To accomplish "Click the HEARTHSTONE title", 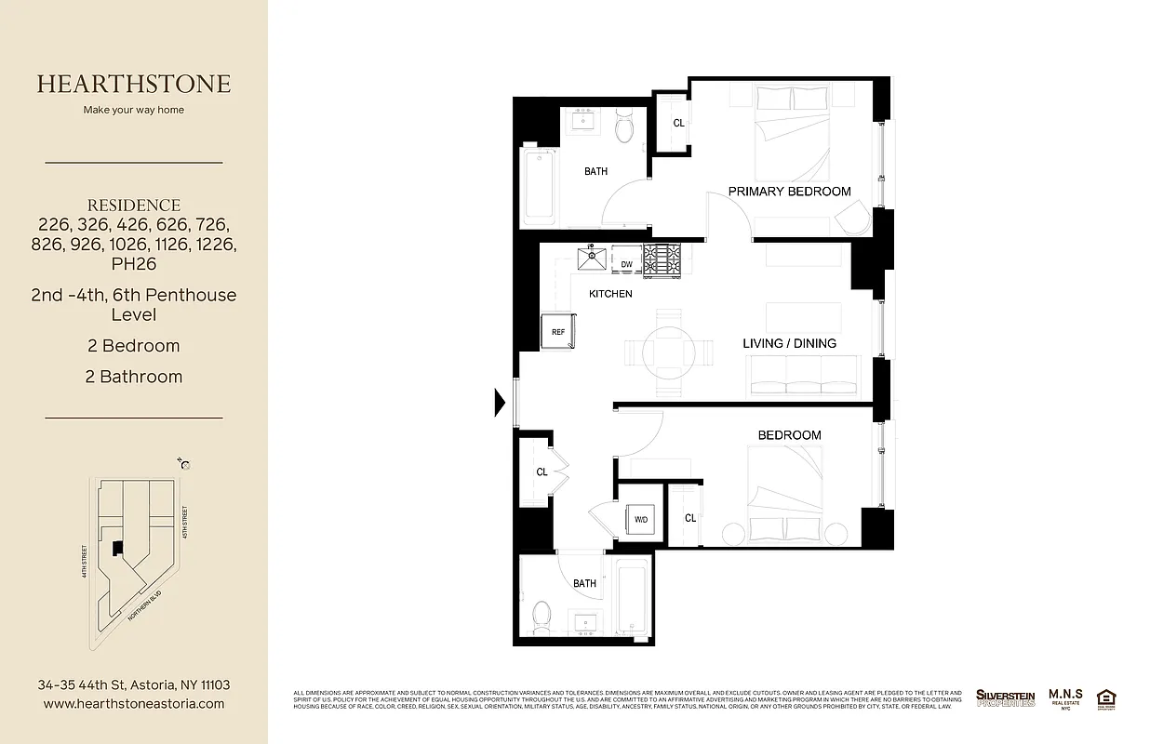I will pyautogui.click(x=134, y=84).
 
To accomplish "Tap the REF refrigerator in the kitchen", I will pyautogui.click(x=558, y=331).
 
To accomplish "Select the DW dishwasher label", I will pyautogui.click(x=627, y=265).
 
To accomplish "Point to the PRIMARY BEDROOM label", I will pyautogui.click(x=789, y=192).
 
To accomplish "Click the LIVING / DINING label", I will pyautogui.click(x=789, y=343).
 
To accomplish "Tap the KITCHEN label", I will pyautogui.click(x=610, y=294).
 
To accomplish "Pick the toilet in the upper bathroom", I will pyautogui.click(x=624, y=127).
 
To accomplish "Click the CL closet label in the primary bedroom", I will pyautogui.click(x=678, y=123).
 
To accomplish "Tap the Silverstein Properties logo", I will pyautogui.click(x=1005, y=697).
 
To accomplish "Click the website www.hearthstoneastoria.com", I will pyautogui.click(x=134, y=704).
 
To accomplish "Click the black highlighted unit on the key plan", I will pyautogui.click(x=118, y=549).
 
